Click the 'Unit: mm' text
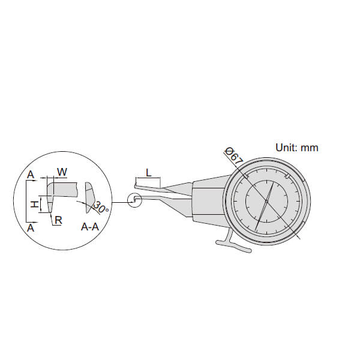(297, 148)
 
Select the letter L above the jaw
(149, 173)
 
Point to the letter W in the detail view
(62, 172)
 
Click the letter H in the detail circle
(35, 204)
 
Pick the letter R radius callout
(59, 220)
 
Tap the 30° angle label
(100, 208)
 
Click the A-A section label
(90, 227)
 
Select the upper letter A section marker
(31, 175)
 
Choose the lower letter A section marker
(31, 228)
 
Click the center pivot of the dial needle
(266, 201)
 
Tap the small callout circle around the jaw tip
(135, 200)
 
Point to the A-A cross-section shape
(91, 197)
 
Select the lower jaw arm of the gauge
(164, 203)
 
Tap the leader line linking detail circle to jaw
(119, 202)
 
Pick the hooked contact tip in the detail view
(50, 197)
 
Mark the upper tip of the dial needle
(273, 183)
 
